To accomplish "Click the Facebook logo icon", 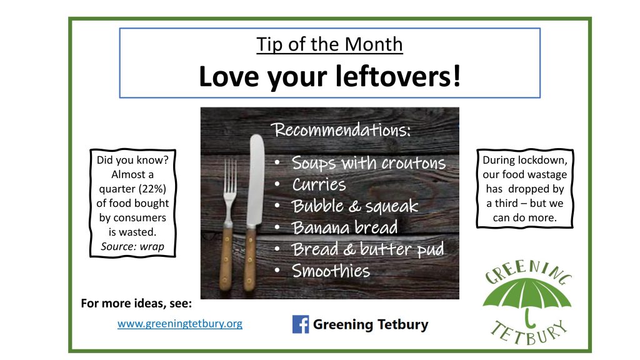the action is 301,324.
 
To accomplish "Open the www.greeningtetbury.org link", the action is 180,324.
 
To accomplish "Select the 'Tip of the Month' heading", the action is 329,44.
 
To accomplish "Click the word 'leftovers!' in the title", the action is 398,76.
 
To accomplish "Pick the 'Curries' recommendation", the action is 319,184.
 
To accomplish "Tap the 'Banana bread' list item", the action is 344,227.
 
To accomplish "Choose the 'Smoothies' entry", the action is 331,271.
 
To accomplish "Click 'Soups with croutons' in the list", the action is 369,163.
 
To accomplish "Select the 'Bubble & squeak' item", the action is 355,206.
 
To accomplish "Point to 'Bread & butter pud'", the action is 367,249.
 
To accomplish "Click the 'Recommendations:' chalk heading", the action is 342,130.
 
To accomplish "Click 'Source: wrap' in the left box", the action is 132,246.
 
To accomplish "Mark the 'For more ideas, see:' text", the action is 136,303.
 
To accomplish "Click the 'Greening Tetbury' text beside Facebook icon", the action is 371,324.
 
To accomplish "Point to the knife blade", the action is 256,179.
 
